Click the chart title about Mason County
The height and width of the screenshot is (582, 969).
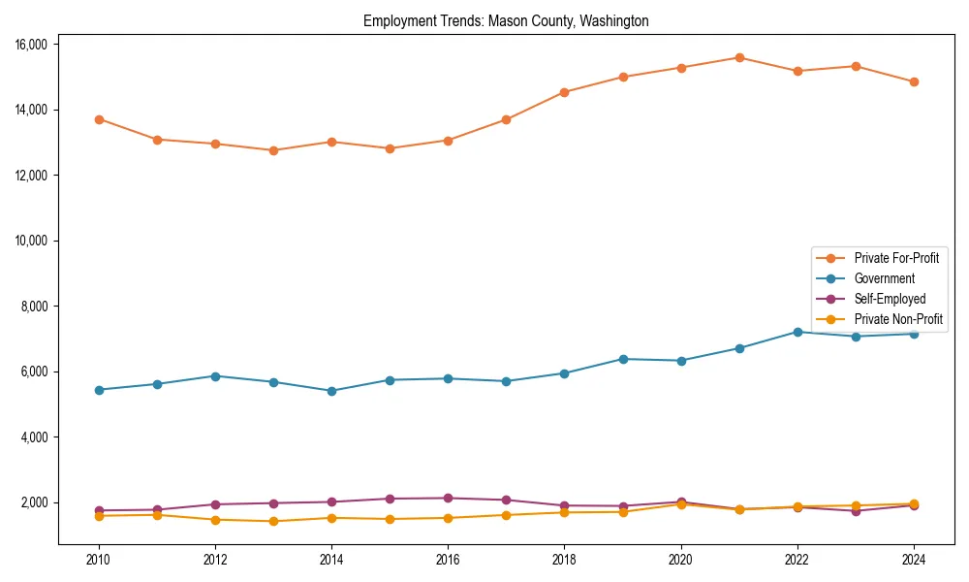(506, 20)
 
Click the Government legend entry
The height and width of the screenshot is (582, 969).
(884, 278)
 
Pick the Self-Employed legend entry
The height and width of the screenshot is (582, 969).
(890, 299)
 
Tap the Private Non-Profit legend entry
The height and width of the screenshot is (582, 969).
(898, 319)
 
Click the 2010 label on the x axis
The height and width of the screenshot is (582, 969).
(98, 560)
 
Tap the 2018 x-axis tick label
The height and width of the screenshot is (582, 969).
(564, 560)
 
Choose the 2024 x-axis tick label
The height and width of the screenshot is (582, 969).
(913, 560)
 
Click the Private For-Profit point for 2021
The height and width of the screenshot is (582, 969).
(739, 57)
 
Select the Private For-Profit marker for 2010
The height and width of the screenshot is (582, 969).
(99, 119)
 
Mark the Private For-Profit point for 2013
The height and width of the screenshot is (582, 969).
(273, 150)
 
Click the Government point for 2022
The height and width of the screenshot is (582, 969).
(797, 332)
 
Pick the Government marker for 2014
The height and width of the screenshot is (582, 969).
(331, 391)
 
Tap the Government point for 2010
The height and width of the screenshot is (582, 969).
(99, 390)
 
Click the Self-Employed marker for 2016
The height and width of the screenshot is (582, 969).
(448, 498)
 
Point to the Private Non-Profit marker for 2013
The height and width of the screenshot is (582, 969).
(273, 521)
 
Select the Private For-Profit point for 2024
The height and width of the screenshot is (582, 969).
(914, 81)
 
